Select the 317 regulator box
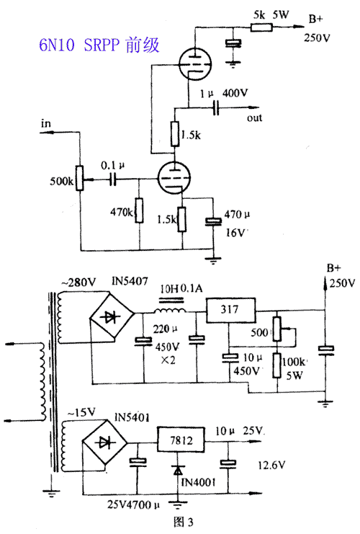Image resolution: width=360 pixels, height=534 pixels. (230, 310)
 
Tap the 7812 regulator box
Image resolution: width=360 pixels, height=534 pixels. (181, 440)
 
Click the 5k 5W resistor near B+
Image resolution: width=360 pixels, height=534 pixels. (261, 27)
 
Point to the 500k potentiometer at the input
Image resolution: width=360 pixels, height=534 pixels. (80, 178)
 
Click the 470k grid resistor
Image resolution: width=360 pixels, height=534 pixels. (139, 210)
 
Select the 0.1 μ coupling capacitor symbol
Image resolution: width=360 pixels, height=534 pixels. (113, 179)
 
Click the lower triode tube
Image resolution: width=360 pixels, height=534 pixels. (174, 178)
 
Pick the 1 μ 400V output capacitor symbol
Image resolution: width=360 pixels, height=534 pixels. (216, 108)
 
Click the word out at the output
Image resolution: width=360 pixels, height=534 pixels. (254, 118)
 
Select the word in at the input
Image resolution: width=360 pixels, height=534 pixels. (46, 123)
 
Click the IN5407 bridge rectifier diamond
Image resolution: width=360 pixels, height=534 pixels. (112, 316)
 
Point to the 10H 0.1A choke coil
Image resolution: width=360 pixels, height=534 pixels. (170, 311)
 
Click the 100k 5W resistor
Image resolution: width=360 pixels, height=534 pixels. (277, 365)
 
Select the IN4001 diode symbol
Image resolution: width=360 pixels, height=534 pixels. (178, 471)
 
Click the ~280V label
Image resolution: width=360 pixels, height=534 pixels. (78, 282)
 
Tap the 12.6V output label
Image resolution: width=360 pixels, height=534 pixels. (271, 466)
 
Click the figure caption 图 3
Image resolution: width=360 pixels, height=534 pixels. (183, 522)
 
